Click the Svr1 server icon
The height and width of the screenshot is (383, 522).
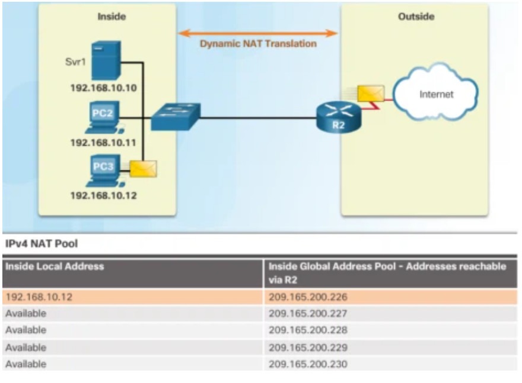(x=107, y=60)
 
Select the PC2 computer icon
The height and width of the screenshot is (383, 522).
(x=101, y=117)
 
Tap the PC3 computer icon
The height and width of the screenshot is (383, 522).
(x=101, y=170)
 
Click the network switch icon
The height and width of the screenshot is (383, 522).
(x=176, y=117)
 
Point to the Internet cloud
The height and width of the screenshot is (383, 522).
(x=436, y=94)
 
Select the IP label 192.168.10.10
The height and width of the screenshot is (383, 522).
(x=104, y=89)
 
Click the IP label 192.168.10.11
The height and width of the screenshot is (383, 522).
(x=104, y=143)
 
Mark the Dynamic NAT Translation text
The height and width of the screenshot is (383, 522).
(x=258, y=43)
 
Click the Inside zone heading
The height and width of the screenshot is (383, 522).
(x=112, y=17)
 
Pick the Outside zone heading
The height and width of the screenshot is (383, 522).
(x=415, y=17)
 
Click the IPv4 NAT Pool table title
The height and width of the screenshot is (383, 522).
(x=42, y=244)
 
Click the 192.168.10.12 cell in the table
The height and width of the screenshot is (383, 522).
(x=38, y=297)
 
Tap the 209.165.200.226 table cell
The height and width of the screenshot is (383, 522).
(x=308, y=297)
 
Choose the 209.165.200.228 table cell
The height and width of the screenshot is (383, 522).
(x=308, y=330)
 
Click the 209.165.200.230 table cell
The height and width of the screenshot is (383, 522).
(x=308, y=364)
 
